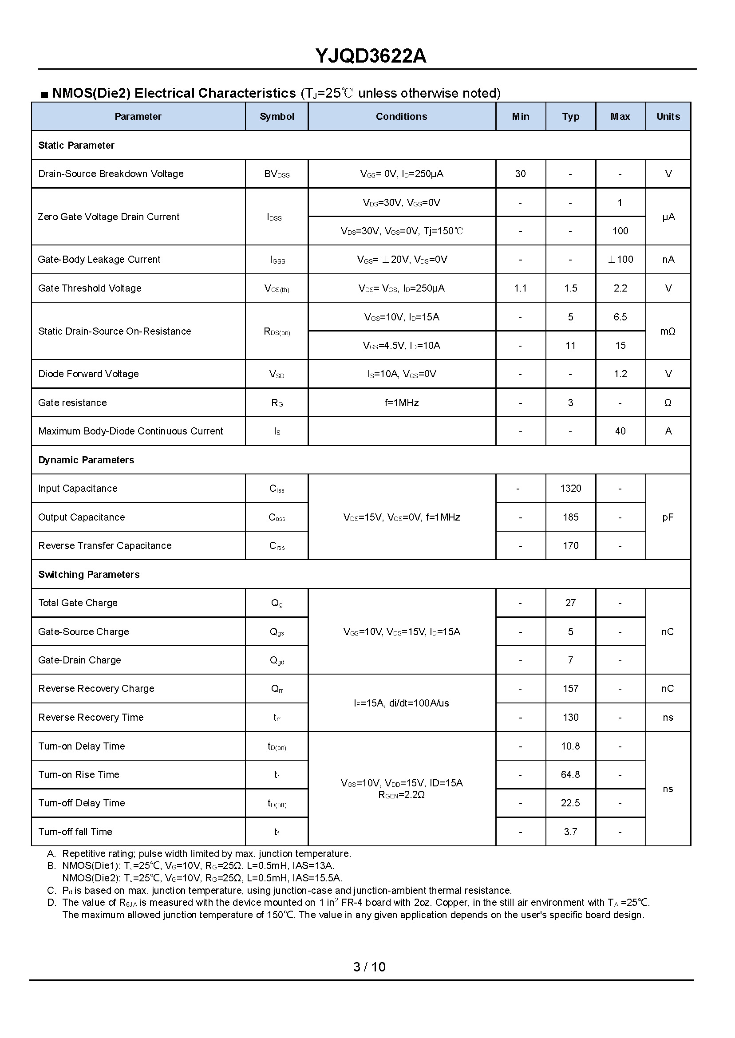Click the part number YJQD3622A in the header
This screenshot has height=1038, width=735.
(370, 56)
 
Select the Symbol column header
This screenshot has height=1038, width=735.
(277, 116)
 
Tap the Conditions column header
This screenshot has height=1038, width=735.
(401, 116)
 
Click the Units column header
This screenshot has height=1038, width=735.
(668, 116)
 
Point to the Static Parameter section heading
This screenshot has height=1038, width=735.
(76, 145)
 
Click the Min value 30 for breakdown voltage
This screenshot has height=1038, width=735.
(520, 174)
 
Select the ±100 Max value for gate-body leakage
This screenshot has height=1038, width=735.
(620, 259)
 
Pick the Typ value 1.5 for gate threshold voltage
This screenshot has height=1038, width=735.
(570, 288)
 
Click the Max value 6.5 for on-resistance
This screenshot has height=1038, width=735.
(620, 317)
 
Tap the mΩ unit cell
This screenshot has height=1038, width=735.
(668, 331)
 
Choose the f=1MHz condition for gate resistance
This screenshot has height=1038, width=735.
(401, 403)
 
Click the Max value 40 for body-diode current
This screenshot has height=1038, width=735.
(620, 431)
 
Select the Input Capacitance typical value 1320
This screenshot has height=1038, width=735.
(570, 488)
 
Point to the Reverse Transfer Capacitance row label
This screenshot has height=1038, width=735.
(105, 546)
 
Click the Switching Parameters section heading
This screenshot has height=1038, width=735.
(89, 574)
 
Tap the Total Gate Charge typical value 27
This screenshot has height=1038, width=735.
(570, 603)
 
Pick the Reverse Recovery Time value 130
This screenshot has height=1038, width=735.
(570, 717)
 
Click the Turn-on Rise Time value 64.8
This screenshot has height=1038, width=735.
(570, 774)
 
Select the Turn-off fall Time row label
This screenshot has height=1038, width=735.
(75, 832)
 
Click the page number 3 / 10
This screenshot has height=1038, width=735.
(369, 967)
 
